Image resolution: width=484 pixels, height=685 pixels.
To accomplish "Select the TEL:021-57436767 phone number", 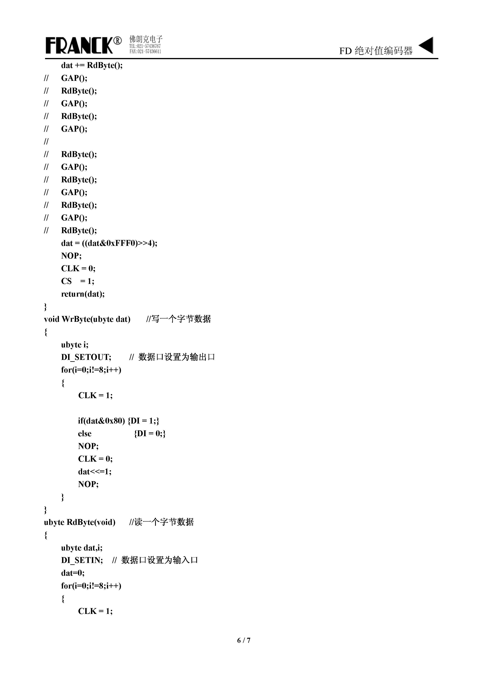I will click(x=145, y=46).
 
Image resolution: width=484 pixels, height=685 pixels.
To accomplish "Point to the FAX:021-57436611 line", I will click(x=145, y=51).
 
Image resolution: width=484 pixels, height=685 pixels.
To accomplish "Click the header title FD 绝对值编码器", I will click(x=376, y=51).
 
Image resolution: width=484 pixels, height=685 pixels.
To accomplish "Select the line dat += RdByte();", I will click(x=92, y=65).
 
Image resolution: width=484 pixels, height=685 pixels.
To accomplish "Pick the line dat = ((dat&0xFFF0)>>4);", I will click(x=109, y=243).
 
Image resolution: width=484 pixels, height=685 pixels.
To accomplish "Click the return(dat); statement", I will click(x=83, y=294).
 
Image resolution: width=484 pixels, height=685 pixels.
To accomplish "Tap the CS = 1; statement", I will click(x=77, y=281).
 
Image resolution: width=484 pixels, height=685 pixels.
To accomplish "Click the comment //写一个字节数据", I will click(x=178, y=319).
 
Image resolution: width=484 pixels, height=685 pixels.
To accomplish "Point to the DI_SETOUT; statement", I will click(x=86, y=357).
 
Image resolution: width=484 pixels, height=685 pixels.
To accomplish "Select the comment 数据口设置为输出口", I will click(x=176, y=357).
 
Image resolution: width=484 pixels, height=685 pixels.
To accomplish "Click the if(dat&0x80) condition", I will click(x=101, y=421).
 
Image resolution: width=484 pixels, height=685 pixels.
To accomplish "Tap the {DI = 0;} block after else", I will click(x=150, y=433).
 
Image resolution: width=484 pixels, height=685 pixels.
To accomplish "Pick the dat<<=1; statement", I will click(x=94, y=471).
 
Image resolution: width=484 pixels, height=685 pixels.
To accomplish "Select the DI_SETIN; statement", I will click(x=82, y=560).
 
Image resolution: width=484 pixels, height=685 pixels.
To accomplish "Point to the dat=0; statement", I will click(x=73, y=573).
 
